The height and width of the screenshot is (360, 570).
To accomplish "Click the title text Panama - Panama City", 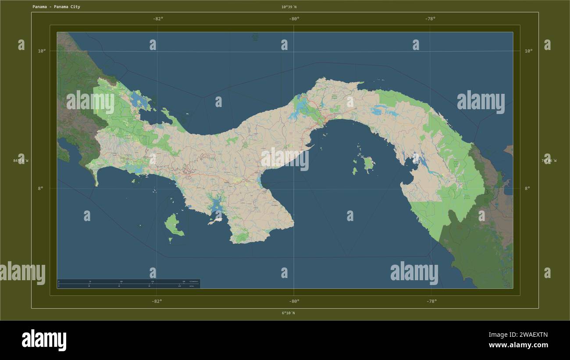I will (x=56, y=7).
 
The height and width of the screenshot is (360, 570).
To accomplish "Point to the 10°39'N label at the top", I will (x=289, y=7).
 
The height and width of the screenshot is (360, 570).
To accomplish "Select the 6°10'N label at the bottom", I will (x=288, y=313).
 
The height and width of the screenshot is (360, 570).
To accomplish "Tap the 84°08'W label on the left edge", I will (x=21, y=160).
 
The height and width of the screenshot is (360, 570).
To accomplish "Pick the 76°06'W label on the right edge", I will (x=549, y=160).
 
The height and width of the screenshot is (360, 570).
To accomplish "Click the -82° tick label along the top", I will (x=158, y=18).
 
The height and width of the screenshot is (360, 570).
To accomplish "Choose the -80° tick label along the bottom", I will (x=294, y=301).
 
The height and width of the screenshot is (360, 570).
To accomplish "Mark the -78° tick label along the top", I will (x=430, y=18).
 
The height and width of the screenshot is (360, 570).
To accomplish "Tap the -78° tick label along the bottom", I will (x=431, y=301).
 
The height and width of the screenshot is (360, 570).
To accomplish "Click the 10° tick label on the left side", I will (x=42, y=51).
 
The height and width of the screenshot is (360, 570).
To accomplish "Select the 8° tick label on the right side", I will (x=527, y=188).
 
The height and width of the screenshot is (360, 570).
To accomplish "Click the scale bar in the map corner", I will (x=128, y=284).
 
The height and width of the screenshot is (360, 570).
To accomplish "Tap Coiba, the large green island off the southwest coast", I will (x=173, y=225).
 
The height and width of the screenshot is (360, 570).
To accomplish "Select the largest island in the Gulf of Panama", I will (x=369, y=164).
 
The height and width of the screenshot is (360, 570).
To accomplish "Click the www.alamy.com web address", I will (x=518, y=345).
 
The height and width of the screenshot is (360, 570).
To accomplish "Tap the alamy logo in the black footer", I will (x=44, y=340).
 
